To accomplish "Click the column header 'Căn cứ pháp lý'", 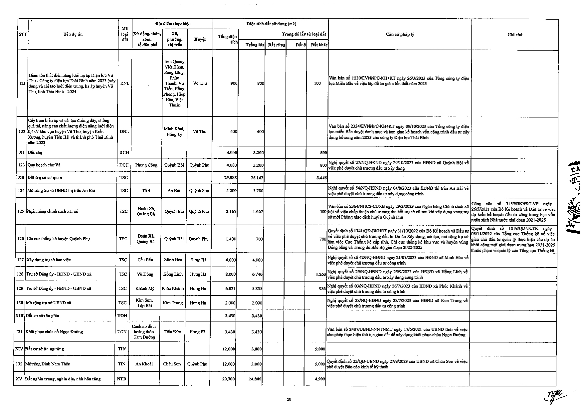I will pyautogui.click(x=400, y=35).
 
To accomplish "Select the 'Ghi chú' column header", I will pyautogui.click(x=514, y=35).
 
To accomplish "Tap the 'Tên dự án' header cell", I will pyautogui.click(x=73, y=35).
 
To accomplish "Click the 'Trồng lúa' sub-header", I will pyautogui.click(x=255, y=45).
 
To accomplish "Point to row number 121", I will pyautogui.click(x=22, y=84).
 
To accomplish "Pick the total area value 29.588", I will pyautogui.click(x=230, y=178).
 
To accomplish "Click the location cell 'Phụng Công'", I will pyautogui.click(x=146, y=165).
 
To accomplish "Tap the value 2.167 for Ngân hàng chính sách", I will pyautogui.click(x=231, y=212).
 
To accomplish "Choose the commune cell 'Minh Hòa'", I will pyautogui.click(x=173, y=260).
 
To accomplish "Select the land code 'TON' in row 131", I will pyautogui.click(x=122, y=332).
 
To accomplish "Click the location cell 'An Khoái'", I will pyautogui.click(x=144, y=364).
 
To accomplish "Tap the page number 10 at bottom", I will pyautogui.click(x=289, y=399).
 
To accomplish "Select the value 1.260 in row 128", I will pyautogui.click(x=320, y=275).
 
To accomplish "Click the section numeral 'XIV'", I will pyautogui.click(x=19, y=349).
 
